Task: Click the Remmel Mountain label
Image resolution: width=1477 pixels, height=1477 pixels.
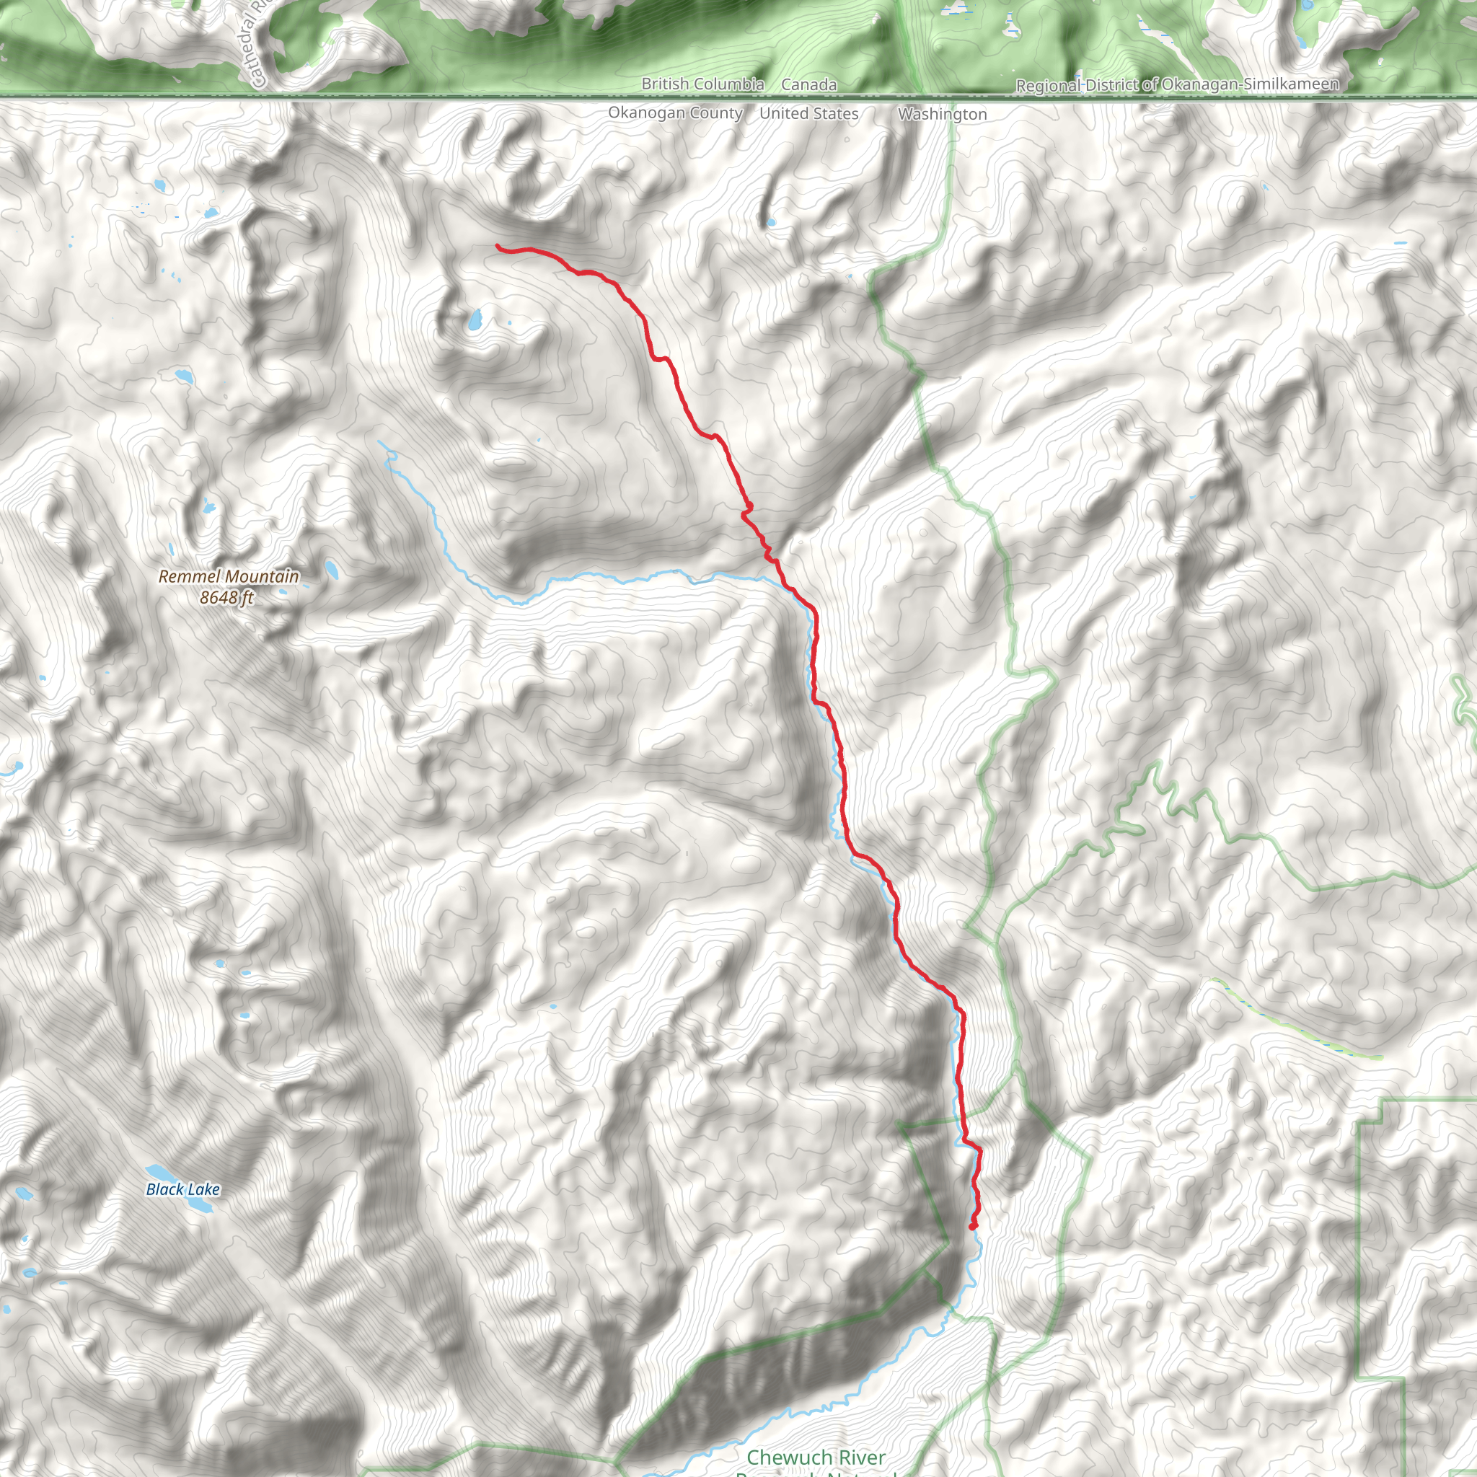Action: pyautogui.click(x=229, y=576)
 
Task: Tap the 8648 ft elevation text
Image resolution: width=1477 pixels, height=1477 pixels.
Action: pyautogui.click(x=226, y=598)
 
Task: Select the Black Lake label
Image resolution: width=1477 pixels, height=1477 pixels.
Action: pyautogui.click(x=182, y=1189)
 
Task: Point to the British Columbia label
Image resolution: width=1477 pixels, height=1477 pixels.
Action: pyautogui.click(x=702, y=84)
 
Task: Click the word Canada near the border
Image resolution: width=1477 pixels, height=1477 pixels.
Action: pyautogui.click(x=809, y=85)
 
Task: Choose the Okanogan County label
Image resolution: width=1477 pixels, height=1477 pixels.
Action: pyautogui.click(x=675, y=113)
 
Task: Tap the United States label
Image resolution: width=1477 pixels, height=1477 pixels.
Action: pyautogui.click(x=809, y=114)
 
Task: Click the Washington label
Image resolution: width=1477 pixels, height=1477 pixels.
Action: pyautogui.click(x=943, y=114)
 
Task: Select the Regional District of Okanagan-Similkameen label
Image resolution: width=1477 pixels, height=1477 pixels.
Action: pyautogui.click(x=1177, y=85)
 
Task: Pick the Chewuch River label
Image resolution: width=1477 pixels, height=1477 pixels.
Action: pyautogui.click(x=816, y=1458)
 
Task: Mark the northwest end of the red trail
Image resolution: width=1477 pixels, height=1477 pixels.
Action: pyautogui.click(x=498, y=246)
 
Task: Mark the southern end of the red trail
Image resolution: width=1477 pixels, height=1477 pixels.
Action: pyautogui.click(x=972, y=1227)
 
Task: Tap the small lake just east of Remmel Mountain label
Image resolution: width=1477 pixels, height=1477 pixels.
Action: pyautogui.click(x=332, y=570)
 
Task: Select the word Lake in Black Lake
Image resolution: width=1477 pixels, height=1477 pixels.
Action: pyautogui.click(x=203, y=1189)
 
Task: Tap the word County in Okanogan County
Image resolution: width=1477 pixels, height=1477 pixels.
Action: pyautogui.click(x=717, y=113)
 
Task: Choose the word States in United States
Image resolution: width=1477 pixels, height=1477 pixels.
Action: pyautogui.click(x=836, y=114)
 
